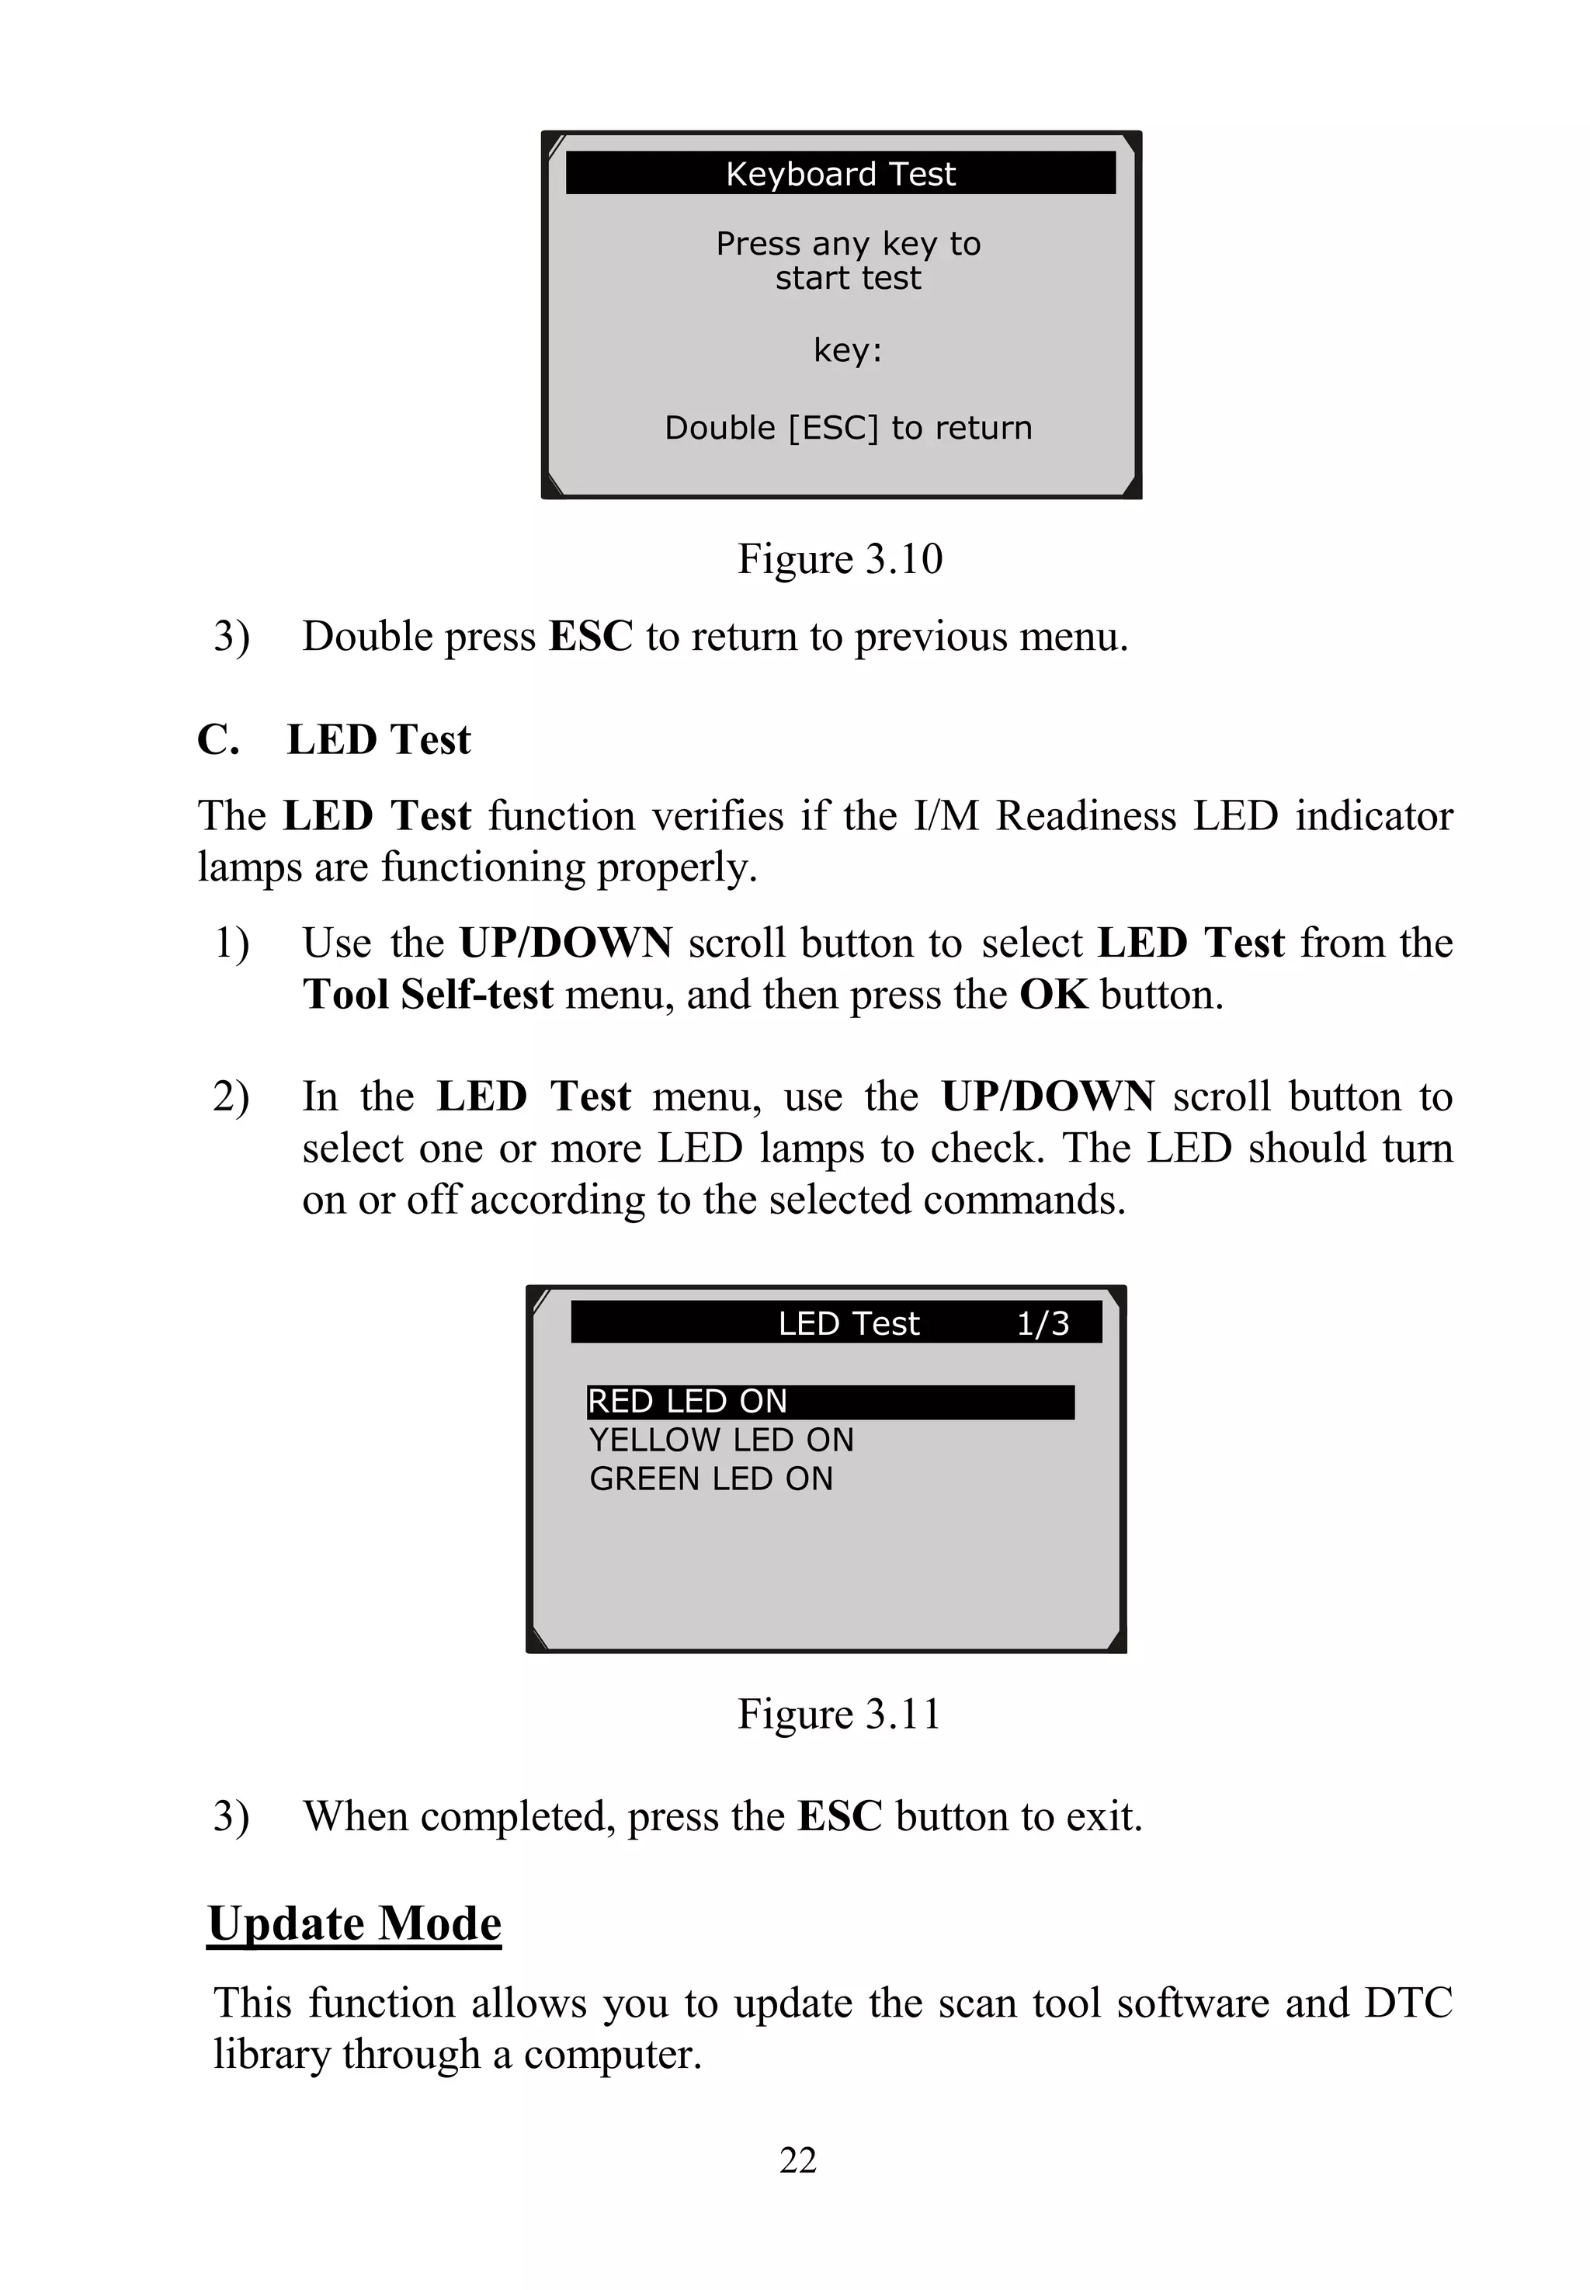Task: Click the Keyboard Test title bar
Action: click(x=840, y=173)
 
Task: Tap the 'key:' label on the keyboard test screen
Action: click(x=847, y=351)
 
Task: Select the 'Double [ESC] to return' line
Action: click(x=848, y=428)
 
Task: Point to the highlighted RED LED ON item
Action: click(x=829, y=1401)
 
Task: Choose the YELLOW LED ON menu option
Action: click(x=721, y=1440)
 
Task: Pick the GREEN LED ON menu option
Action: click(x=710, y=1479)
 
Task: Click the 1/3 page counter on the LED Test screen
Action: click(x=1042, y=1323)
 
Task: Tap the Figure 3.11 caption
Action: click(x=838, y=1713)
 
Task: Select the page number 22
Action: click(x=797, y=2160)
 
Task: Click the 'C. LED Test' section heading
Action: click(x=334, y=739)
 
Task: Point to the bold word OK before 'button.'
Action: click(x=1053, y=995)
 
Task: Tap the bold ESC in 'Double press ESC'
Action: click(x=591, y=637)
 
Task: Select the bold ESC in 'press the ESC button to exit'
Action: click(x=840, y=1816)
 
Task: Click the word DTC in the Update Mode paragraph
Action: click(x=1408, y=2003)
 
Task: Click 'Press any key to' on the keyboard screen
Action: click(x=848, y=243)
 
